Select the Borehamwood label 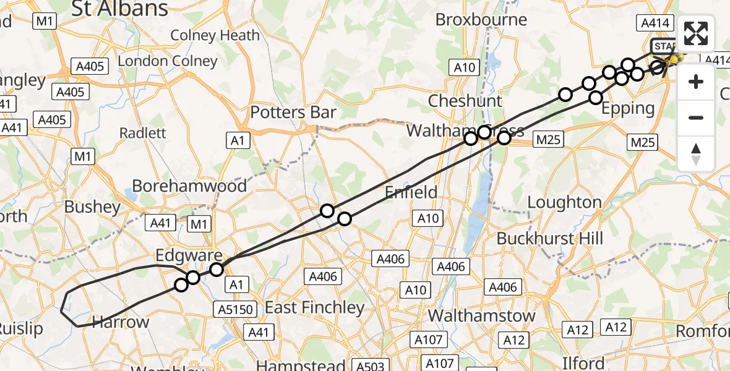pyautogui.click(x=189, y=185)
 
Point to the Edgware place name pyautogui.click(x=189, y=256)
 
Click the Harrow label pyautogui.click(x=121, y=322)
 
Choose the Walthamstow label pyautogui.click(x=481, y=315)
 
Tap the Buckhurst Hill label pyautogui.click(x=549, y=238)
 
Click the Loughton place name pyautogui.click(x=564, y=202)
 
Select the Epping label pyautogui.click(x=629, y=108)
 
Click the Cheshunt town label pyautogui.click(x=465, y=100)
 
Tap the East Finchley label pyautogui.click(x=315, y=307)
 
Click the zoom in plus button pyautogui.click(x=696, y=82)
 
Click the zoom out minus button pyautogui.click(x=696, y=117)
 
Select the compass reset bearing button pyautogui.click(x=696, y=153)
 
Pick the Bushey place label pyautogui.click(x=93, y=207)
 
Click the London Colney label pyautogui.click(x=168, y=61)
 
